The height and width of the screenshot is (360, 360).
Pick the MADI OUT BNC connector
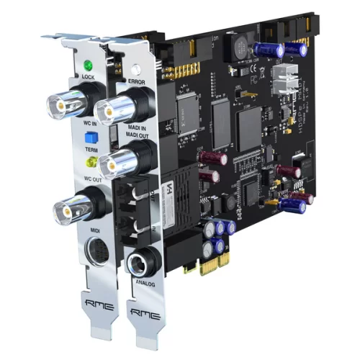point(115,164)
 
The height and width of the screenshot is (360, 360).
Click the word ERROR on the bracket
point(138,82)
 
